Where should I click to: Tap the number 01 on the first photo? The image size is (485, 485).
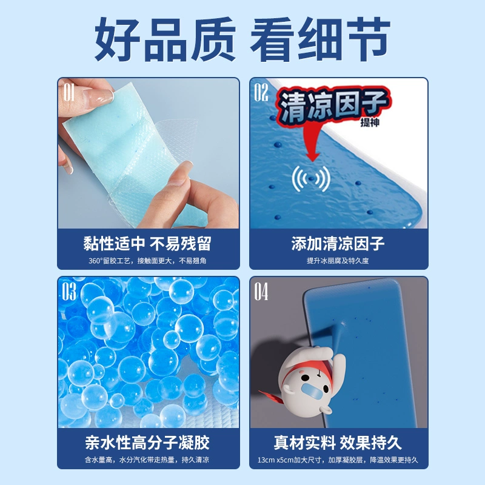click(x=69, y=93)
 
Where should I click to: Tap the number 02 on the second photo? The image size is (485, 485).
click(x=261, y=93)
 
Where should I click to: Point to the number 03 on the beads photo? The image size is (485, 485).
click(x=69, y=291)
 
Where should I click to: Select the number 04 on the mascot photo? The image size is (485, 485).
click(x=261, y=292)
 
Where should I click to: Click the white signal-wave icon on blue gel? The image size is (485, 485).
click(x=311, y=178)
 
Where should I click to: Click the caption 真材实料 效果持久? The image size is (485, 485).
click(x=338, y=443)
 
